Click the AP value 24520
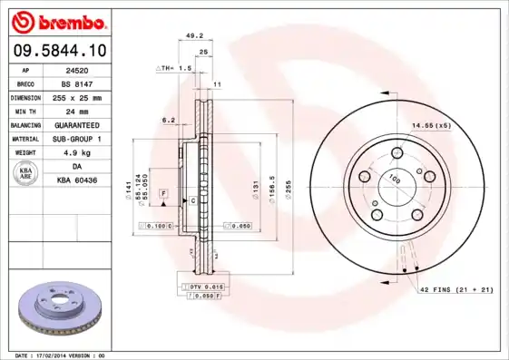click(x=77, y=69)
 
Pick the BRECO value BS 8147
click(x=77, y=83)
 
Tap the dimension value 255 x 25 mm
click(x=77, y=96)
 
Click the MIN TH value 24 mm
click(x=77, y=110)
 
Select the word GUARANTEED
click(x=77, y=124)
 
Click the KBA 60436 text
click(x=77, y=180)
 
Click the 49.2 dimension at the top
click(x=193, y=37)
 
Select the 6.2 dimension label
click(x=168, y=120)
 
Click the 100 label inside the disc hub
click(x=395, y=180)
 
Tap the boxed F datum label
click(x=164, y=194)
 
